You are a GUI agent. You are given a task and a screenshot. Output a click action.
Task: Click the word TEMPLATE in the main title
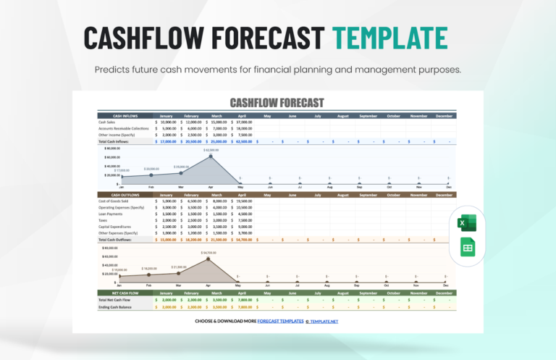(389, 38)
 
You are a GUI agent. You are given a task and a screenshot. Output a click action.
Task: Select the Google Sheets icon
(466, 249)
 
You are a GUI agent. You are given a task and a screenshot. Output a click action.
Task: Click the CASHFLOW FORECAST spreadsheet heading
(277, 103)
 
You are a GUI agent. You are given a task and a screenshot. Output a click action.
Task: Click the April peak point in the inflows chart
(211, 156)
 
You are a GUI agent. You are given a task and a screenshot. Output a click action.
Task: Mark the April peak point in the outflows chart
(209, 259)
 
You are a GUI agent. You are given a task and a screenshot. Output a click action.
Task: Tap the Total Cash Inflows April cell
(244, 141)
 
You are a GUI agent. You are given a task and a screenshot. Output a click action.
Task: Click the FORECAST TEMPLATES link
(276, 320)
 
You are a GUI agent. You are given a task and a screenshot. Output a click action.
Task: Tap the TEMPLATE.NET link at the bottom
(324, 320)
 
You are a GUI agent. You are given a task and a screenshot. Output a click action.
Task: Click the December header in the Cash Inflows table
(445, 116)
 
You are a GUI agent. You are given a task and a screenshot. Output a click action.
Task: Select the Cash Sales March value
(220, 122)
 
